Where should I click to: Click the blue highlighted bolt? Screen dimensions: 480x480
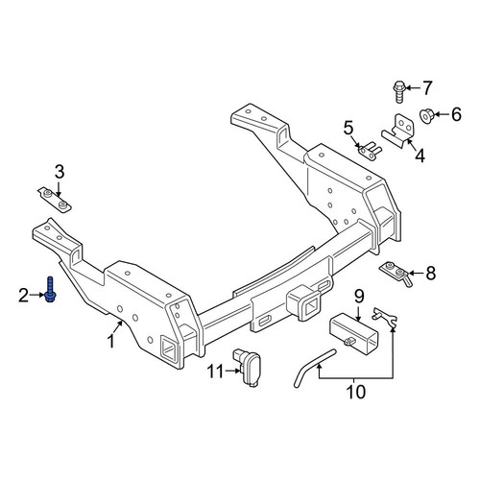pos(49,289)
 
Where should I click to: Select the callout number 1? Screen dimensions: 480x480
pos(110,341)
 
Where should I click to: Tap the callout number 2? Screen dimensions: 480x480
pos(23,296)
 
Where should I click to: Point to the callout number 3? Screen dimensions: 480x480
pos(60,172)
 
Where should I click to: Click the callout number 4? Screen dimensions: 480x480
pos(420,156)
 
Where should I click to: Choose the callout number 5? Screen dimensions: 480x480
pos(348,128)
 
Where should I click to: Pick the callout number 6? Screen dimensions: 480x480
pos(456,114)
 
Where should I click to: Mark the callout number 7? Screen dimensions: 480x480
pos(427,87)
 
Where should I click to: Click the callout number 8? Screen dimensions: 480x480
pos(431,274)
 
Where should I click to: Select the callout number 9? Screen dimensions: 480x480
pos(359,297)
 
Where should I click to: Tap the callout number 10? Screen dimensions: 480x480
pos(355,392)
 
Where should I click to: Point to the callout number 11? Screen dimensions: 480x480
pos(215,372)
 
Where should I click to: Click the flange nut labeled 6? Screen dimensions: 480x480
pos(426,116)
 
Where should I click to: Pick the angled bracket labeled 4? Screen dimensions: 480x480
pos(397,132)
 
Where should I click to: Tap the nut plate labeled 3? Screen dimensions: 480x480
pos(55,200)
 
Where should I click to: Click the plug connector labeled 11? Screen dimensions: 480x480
pos(247,367)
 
